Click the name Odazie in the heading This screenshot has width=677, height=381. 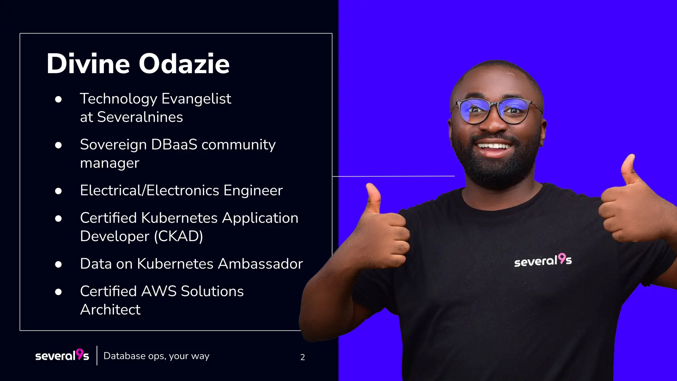point(184,63)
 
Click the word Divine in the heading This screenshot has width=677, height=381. point(88,63)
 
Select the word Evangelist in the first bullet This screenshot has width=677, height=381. point(196,99)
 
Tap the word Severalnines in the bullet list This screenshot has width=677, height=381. point(140,117)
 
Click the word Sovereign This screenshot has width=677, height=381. point(113,145)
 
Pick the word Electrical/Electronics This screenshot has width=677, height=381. point(149,190)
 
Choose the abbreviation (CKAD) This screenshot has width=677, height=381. point(179,236)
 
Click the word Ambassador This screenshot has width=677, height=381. point(260,264)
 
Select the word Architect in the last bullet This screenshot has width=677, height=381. point(110,310)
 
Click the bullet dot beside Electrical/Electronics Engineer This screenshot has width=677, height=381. point(59,191)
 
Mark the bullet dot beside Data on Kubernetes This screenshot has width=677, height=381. point(59,264)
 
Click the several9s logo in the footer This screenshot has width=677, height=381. point(62,355)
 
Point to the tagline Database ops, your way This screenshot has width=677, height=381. point(156,356)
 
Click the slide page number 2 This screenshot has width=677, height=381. point(302,357)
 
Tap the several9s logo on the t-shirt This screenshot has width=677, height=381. point(543,260)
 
